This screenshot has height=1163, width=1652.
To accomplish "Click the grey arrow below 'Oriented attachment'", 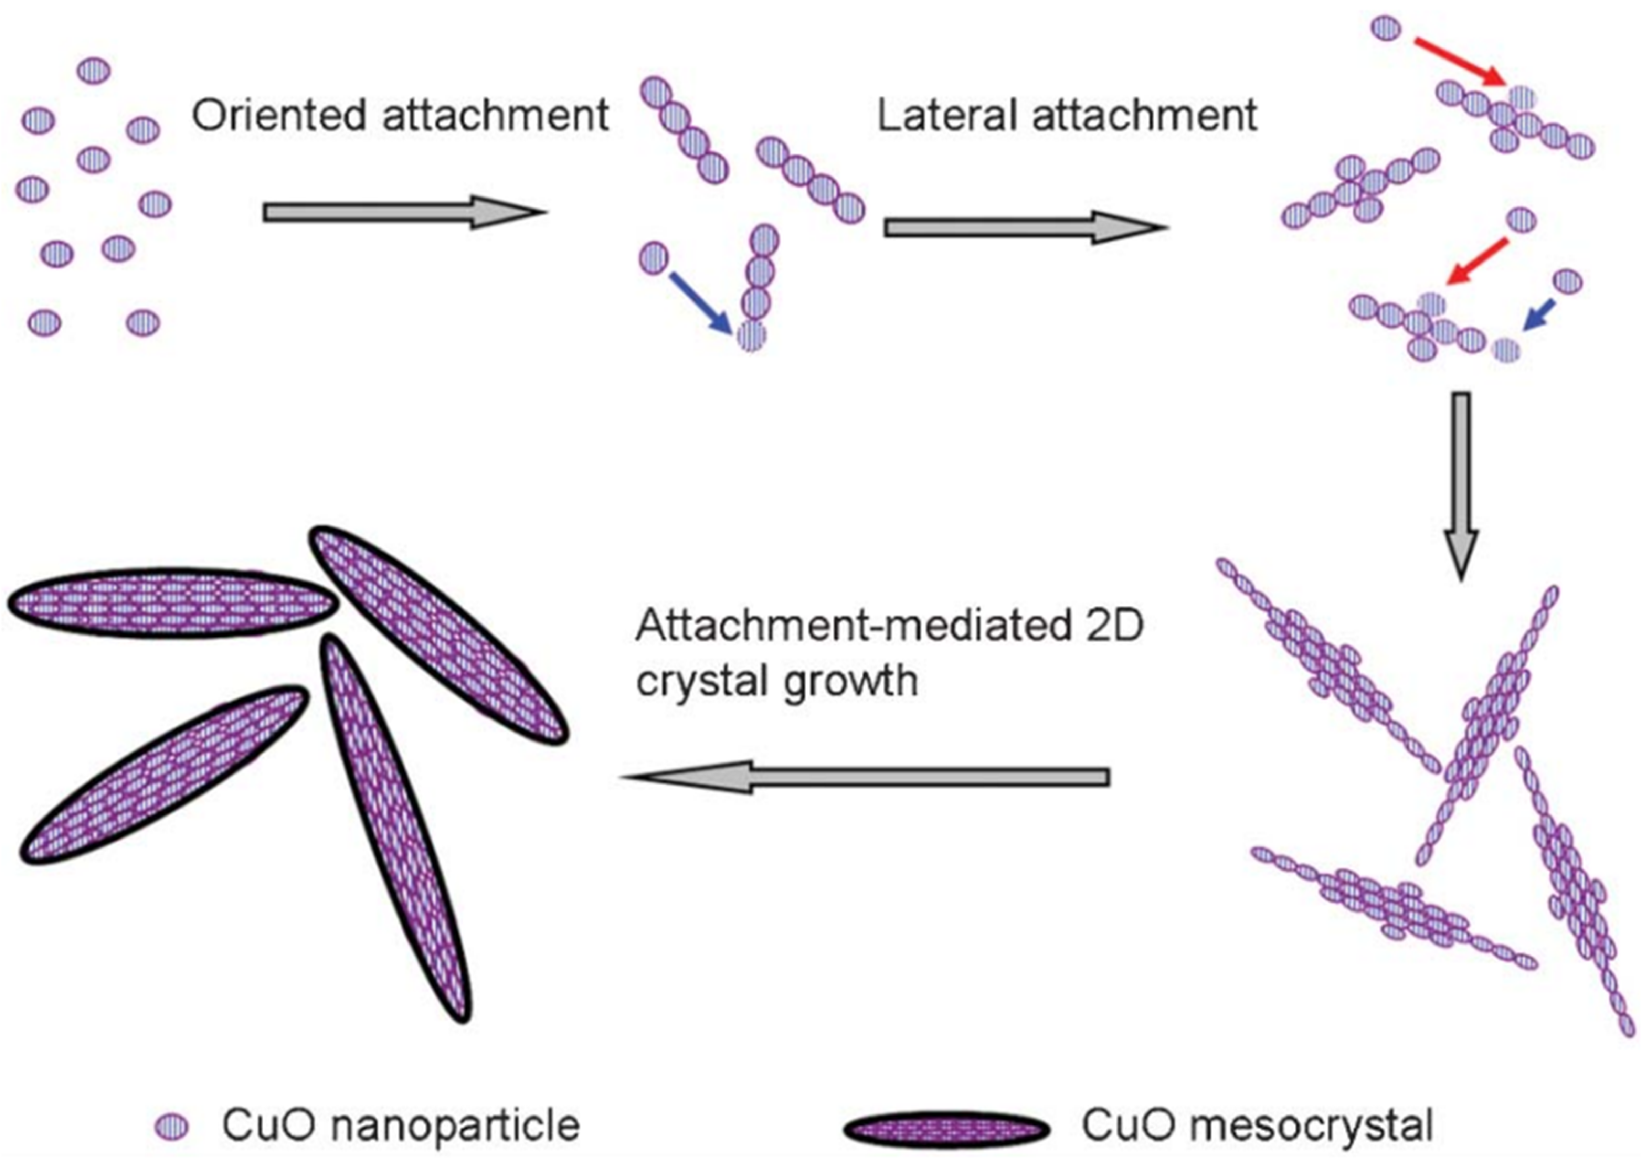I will click(403, 212).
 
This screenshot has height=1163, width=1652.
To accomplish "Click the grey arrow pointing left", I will click(864, 777).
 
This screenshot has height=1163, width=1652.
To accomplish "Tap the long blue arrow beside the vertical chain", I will click(701, 302).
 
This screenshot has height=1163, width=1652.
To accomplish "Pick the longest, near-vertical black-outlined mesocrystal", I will click(396, 827).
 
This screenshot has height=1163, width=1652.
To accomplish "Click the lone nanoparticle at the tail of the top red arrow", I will click(1387, 29).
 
